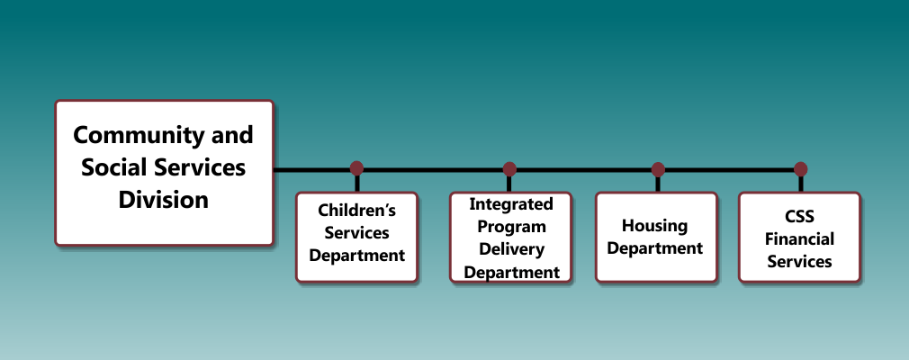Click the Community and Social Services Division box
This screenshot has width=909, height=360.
[164, 173]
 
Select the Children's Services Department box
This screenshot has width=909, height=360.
[356, 237]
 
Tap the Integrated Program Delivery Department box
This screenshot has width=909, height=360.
[510, 237]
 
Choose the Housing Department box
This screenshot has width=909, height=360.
[656, 237]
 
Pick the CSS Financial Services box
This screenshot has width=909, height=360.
[799, 237]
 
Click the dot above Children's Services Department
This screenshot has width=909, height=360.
[356, 168]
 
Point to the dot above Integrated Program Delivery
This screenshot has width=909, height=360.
[509, 168]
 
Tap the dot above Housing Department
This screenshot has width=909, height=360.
[657, 169]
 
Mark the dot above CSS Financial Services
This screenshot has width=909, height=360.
[801, 169]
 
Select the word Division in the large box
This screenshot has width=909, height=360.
[164, 200]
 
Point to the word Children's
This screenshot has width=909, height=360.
[356, 210]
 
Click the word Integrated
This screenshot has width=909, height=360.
[510, 204]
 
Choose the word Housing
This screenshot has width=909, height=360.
[655, 226]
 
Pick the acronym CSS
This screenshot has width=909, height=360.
[799, 217]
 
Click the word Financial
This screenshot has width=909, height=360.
[799, 238]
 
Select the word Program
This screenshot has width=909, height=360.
[511, 227]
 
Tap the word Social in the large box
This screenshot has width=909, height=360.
[115, 167]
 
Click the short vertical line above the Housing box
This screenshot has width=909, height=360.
[657, 184]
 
